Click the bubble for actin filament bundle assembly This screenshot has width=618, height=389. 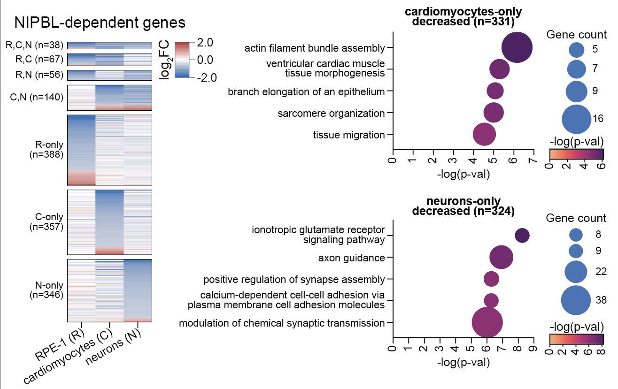(x=517, y=47)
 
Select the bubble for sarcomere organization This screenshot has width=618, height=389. (x=494, y=113)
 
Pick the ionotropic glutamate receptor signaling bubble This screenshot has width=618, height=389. (x=522, y=236)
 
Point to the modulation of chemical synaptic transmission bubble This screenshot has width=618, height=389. (x=487, y=323)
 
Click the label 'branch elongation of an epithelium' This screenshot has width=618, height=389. (x=306, y=92)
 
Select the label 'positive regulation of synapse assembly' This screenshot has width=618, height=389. (x=294, y=280)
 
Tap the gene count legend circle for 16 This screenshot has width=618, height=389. (x=576, y=119)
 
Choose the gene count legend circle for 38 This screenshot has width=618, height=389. (x=576, y=300)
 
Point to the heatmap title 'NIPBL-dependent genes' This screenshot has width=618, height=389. (x=100, y=23)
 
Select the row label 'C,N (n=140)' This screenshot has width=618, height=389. (x=37, y=97)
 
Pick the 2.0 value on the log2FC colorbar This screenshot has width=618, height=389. (x=204, y=42)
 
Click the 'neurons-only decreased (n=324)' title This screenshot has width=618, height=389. (x=463, y=206)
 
